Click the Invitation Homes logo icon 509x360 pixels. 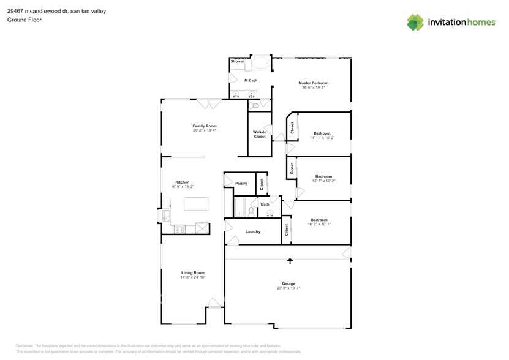pos(415,22)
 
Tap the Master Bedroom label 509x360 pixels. pos(313,83)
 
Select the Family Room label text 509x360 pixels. pos(205,126)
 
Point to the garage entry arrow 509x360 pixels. pos(290,261)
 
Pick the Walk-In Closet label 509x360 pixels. pos(260,134)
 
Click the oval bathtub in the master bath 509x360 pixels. pos(259,63)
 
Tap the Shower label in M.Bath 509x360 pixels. pos(237,62)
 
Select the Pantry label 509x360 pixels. pos(241,183)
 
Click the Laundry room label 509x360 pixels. pos(253,231)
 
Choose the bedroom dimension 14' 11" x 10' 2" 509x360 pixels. pos(322,138)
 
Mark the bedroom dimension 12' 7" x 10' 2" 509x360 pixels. pos(323,181)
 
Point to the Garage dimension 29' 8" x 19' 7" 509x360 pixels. pos(288,288)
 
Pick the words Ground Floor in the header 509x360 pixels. pos(20,20)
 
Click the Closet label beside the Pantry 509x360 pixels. pos(261,183)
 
